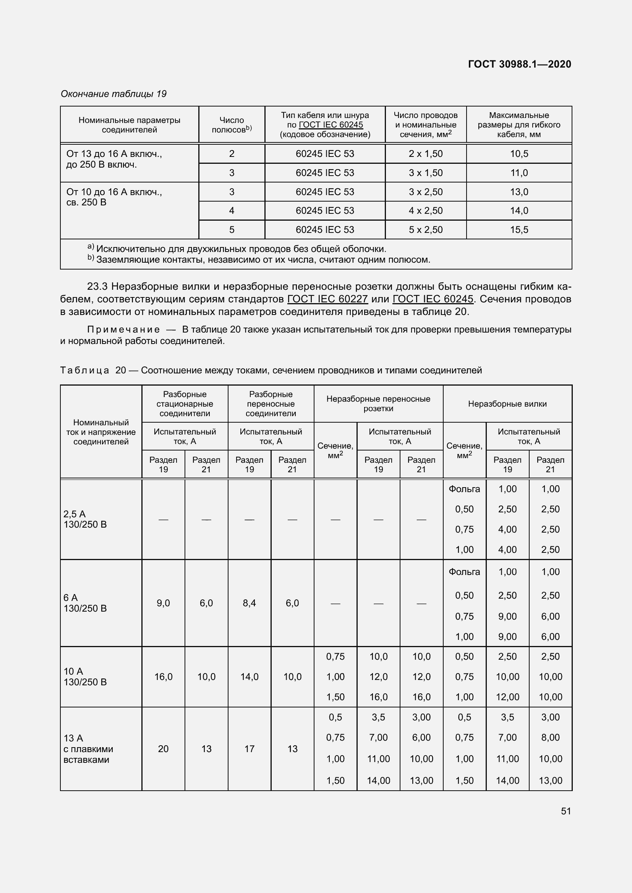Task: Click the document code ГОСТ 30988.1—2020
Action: click(x=519, y=64)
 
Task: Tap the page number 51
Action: click(x=566, y=811)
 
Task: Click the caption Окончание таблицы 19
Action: click(x=113, y=94)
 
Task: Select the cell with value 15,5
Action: click(x=519, y=230)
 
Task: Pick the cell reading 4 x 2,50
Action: click(x=425, y=211)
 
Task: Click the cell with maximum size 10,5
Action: click(x=519, y=154)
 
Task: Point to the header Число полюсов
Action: click(x=232, y=125)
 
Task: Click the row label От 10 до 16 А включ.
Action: click(x=114, y=192)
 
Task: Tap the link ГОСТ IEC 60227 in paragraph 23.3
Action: click(x=327, y=299)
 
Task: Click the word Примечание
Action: click(x=123, y=329)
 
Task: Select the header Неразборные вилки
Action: click(x=507, y=404)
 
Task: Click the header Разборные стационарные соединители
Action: click(x=185, y=404)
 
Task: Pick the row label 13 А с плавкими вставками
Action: click(x=88, y=749)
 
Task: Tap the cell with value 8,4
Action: click(x=249, y=603)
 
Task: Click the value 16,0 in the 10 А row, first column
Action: click(x=163, y=677)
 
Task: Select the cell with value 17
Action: click(x=249, y=749)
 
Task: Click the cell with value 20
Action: click(x=163, y=749)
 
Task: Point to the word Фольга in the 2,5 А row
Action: click(x=464, y=489)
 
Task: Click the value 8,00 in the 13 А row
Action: click(x=550, y=738)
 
